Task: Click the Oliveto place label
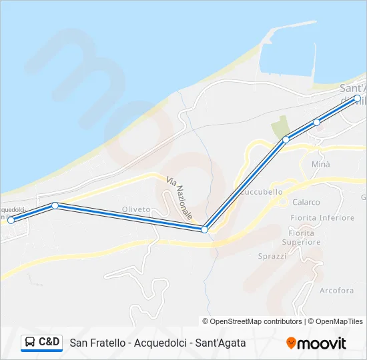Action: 135,209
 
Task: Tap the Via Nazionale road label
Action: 179,198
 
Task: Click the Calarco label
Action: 306,202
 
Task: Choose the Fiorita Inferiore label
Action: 322,218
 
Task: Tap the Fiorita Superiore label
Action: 302,237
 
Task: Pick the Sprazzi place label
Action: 272,256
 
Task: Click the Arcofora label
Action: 336,291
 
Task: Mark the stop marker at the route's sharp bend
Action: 205,229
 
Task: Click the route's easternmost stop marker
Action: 358,99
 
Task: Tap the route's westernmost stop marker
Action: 10,220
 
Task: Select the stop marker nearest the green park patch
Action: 286,139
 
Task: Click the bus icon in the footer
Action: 30,343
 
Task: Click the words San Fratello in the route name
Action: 98,343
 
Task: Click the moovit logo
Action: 316,343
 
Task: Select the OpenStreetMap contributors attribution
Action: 252,321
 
